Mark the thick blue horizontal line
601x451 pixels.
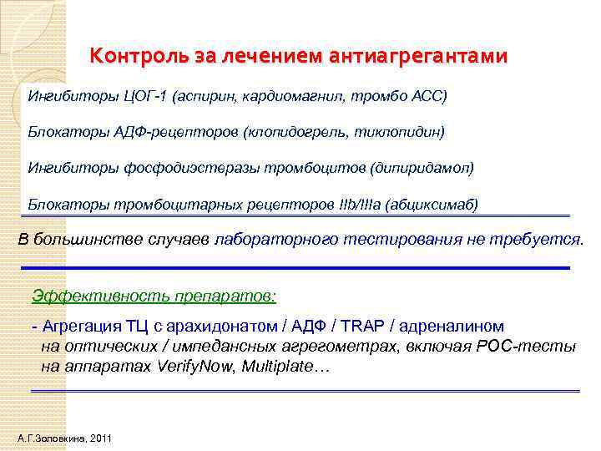(x=296, y=267)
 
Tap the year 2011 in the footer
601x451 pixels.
(x=98, y=438)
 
